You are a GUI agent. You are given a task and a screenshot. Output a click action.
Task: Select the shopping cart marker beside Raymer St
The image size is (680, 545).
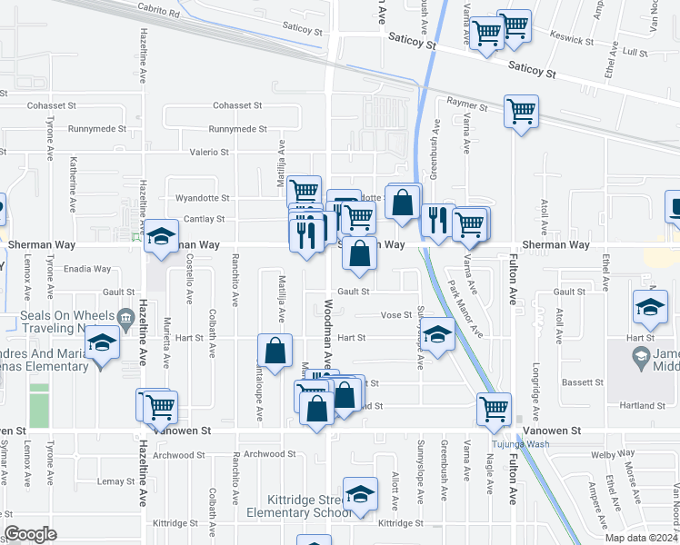522,112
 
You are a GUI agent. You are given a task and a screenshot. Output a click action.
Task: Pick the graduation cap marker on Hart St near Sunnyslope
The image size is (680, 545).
437,336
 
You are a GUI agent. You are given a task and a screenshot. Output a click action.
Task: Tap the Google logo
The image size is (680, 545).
30,534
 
